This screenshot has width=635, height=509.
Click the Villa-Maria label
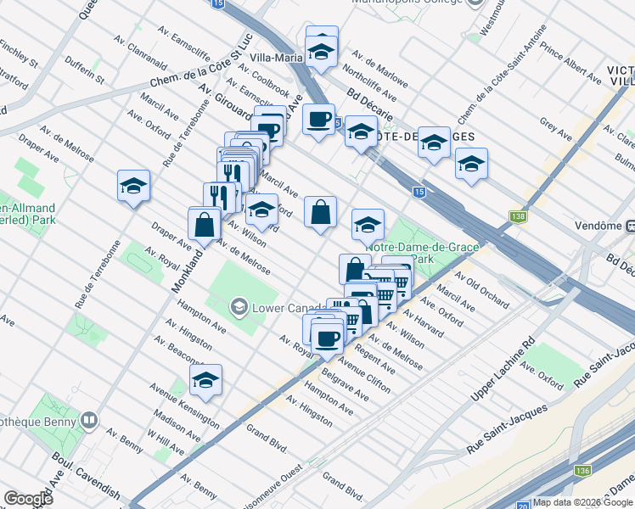pos(277,59)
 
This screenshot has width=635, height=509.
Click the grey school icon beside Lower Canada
pos(240,305)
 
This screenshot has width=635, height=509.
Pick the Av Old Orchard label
pos(481,289)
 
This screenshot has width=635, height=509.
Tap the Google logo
pos(28,499)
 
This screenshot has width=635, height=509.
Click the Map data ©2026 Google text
pos(582,502)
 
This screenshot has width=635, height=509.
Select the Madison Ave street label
pos(176,426)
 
